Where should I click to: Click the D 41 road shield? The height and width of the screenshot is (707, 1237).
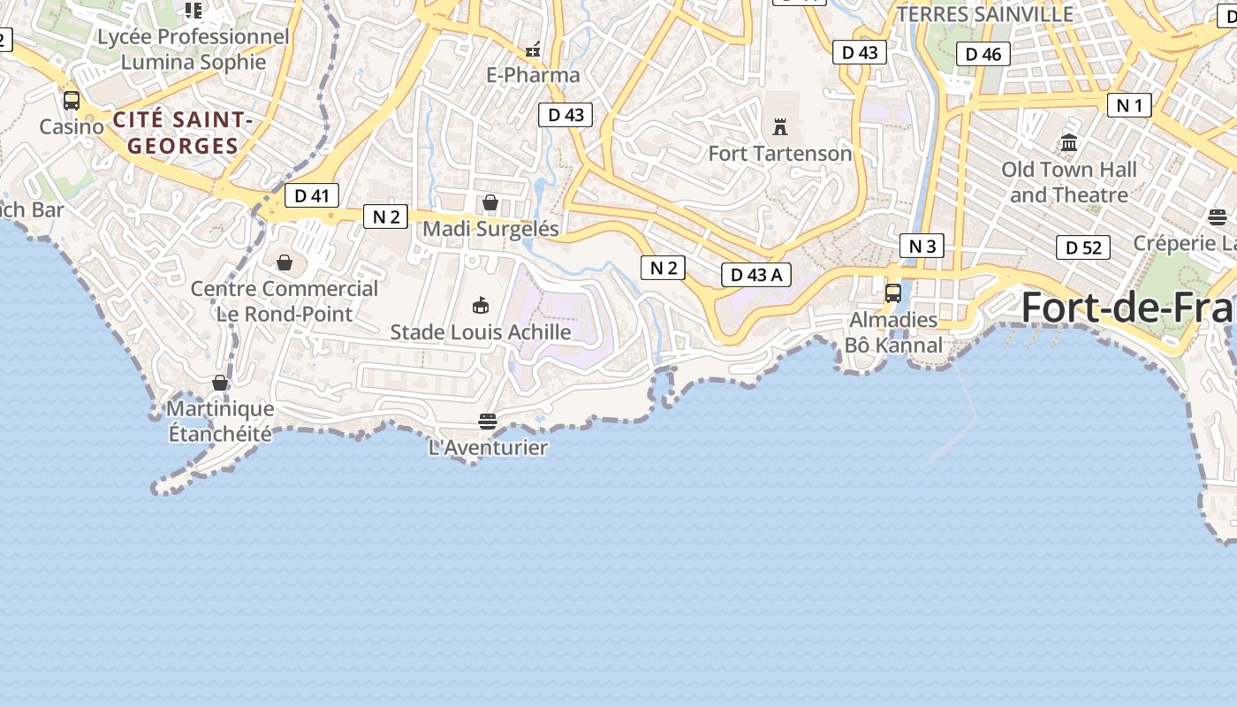(x=312, y=195)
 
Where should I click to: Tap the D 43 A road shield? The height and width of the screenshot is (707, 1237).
(x=756, y=275)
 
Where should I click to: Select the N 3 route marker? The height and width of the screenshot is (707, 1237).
(x=922, y=246)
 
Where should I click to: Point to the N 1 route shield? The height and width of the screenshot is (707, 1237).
(x=1129, y=106)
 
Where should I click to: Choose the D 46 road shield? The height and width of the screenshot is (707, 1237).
(x=983, y=54)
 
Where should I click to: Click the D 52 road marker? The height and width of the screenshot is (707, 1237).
(x=1083, y=247)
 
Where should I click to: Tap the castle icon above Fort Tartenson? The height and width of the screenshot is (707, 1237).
(x=780, y=126)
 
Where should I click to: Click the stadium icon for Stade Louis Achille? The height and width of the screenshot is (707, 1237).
(x=481, y=306)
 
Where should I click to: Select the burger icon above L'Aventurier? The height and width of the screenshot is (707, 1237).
(x=488, y=421)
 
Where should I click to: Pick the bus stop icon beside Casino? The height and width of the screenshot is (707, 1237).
(x=72, y=101)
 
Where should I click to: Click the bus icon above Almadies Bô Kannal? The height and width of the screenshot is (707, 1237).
(x=893, y=293)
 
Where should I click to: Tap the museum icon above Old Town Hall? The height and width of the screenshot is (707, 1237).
(x=1069, y=142)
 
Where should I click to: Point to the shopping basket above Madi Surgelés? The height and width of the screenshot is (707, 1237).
(x=490, y=202)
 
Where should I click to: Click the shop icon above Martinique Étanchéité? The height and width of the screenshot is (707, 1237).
(x=220, y=383)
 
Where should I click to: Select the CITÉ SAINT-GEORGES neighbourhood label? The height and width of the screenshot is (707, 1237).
(x=183, y=133)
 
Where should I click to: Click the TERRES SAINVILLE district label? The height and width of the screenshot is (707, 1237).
(x=985, y=14)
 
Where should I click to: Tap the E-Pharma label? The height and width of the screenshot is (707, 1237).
(x=534, y=75)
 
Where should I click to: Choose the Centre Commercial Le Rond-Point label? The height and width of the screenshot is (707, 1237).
(x=285, y=300)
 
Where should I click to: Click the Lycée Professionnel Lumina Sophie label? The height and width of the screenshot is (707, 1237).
(x=194, y=49)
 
